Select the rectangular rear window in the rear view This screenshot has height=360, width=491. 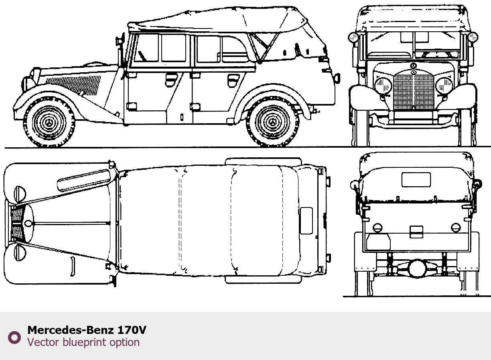tap(416, 179)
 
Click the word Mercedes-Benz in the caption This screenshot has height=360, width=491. tap(71, 330)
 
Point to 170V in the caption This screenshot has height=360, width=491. tap(132, 330)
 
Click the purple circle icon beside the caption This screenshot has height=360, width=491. tap(14, 337)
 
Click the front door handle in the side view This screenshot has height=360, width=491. tap(171, 80)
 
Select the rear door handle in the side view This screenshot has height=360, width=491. tap(233, 80)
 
